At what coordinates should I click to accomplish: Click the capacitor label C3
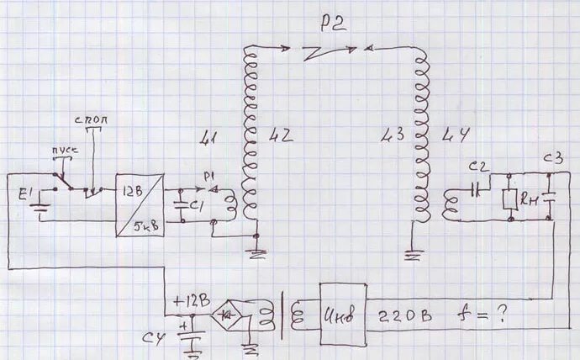pos(552,158)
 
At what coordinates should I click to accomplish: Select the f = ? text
pos(488,317)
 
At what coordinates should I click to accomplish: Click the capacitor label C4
pos(151,339)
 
